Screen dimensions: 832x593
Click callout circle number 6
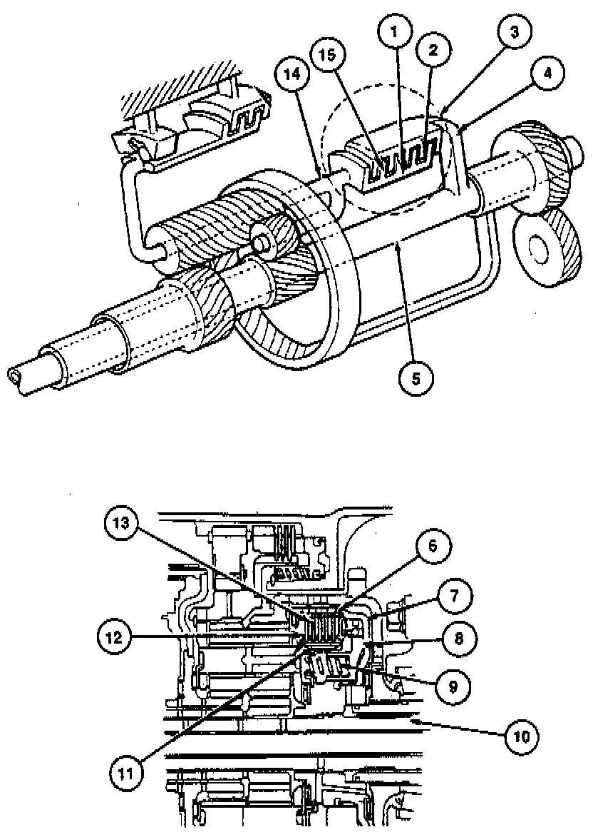(x=433, y=548)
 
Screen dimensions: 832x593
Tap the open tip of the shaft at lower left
(x=14, y=373)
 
